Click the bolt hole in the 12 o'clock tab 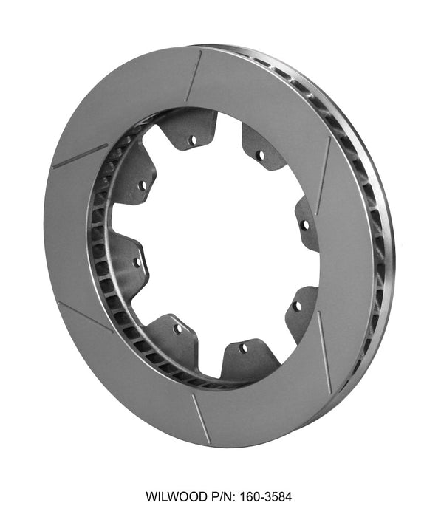click(192, 140)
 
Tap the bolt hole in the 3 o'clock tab click(304, 225)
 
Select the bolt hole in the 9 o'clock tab click(137, 261)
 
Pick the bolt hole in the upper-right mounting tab click(259, 156)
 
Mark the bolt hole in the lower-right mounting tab click(297, 305)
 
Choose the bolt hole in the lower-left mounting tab click(178, 329)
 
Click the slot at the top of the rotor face click(194, 76)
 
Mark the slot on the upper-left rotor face click(79, 156)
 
